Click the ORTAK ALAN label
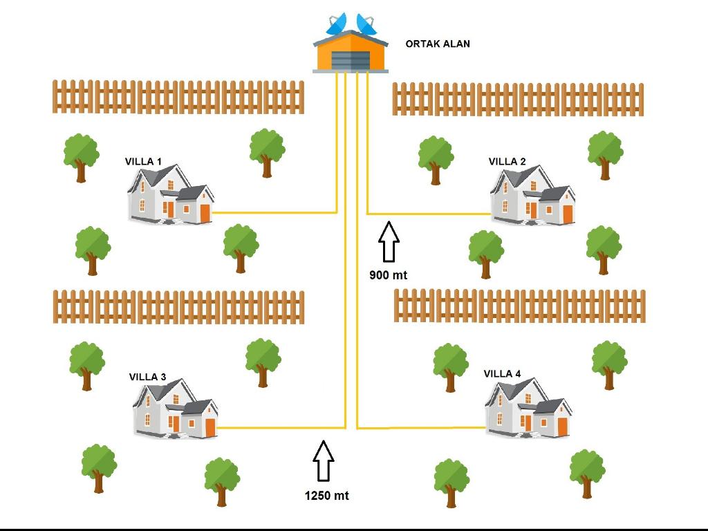click(x=438, y=44)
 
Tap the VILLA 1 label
click(x=143, y=162)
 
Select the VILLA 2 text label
click(x=507, y=162)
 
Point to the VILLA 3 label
click(x=147, y=377)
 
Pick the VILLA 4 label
click(x=502, y=374)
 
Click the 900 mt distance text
click(x=388, y=275)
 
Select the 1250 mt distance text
click(x=326, y=496)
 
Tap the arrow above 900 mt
click(x=389, y=241)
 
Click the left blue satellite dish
click(x=337, y=25)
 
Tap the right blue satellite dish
click(x=366, y=24)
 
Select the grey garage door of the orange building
click(x=351, y=60)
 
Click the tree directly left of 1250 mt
click(x=221, y=481)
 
